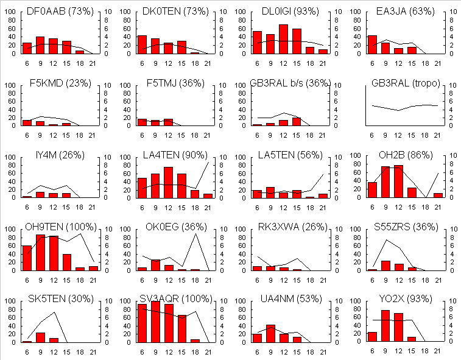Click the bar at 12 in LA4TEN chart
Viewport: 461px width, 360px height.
168,182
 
